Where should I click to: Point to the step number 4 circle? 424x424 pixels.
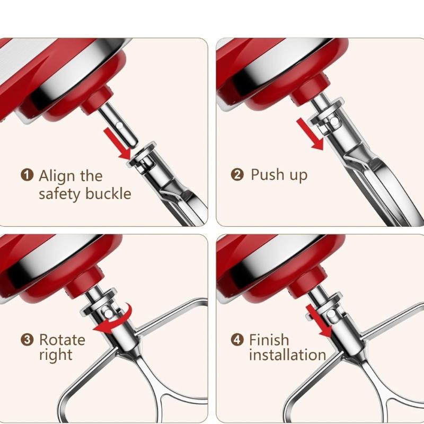tap(237, 339)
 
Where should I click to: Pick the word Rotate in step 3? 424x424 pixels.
tap(62, 339)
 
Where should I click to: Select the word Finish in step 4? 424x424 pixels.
tap(269, 339)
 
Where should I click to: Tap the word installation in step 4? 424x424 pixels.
tap(287, 355)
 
